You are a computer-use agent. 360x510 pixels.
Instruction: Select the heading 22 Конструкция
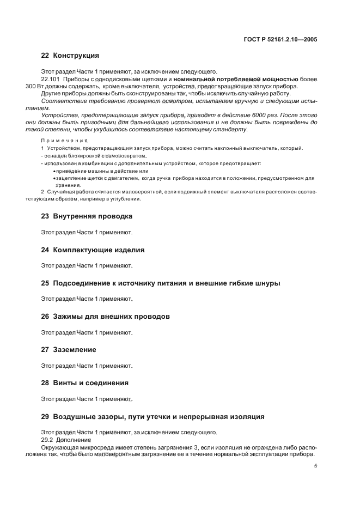point(70,56)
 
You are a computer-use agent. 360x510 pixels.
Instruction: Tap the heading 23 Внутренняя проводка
point(87,216)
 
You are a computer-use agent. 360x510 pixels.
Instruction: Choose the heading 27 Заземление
point(69,350)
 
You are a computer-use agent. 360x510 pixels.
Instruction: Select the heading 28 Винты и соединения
point(85,383)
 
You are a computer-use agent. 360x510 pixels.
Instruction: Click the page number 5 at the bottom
point(316,466)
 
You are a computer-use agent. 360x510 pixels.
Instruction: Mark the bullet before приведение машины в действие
point(54,171)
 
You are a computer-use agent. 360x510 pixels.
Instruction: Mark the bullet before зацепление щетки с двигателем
point(54,178)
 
